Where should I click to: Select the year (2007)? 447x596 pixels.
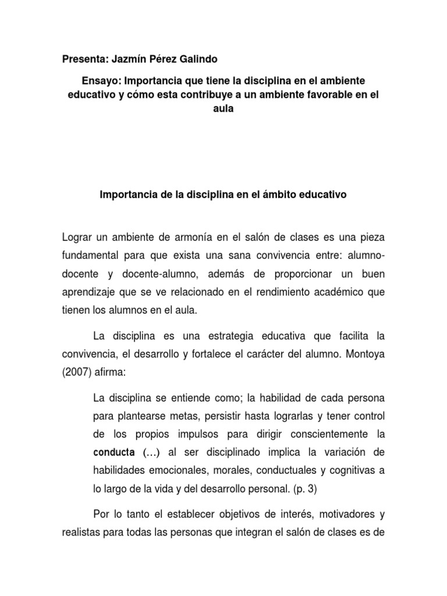click(x=76, y=372)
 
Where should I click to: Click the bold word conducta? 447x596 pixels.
click(x=112, y=452)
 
